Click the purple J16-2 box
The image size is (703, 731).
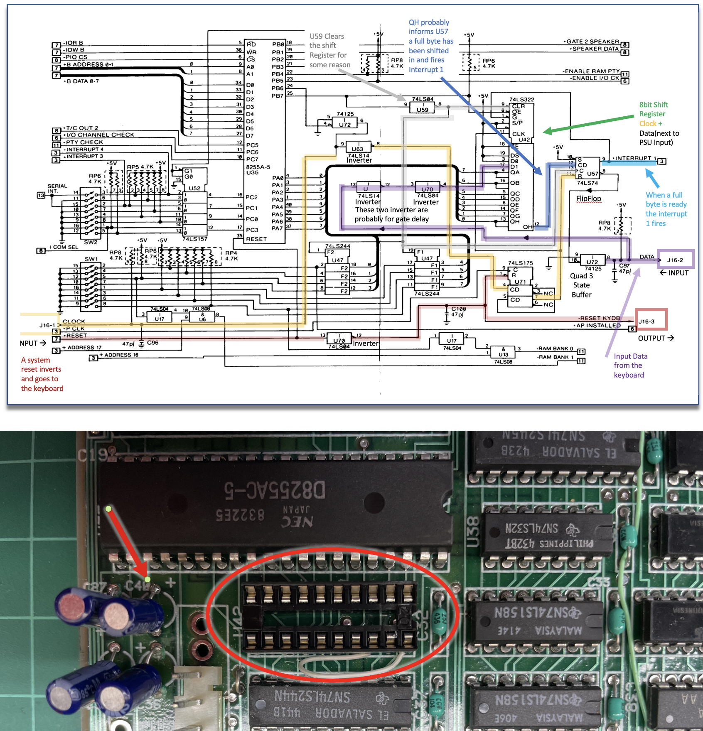(676, 259)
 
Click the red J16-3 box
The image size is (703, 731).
(651, 319)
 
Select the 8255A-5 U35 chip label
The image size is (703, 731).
(258, 169)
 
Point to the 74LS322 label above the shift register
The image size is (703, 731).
(521, 99)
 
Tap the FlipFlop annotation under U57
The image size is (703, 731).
(588, 199)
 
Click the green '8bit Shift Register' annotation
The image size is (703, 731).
(654, 109)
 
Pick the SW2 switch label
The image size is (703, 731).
(91, 242)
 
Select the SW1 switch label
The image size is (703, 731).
(91, 259)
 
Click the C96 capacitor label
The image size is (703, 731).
(152, 343)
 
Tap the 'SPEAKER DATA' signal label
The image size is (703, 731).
(595, 49)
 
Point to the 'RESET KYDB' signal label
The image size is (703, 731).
(600, 318)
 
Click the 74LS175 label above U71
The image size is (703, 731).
(520, 263)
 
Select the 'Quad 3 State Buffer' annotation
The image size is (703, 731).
(581, 285)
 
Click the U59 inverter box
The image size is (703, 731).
(423, 109)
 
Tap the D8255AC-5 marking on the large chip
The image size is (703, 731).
(274, 490)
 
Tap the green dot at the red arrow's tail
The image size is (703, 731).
(108, 509)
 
